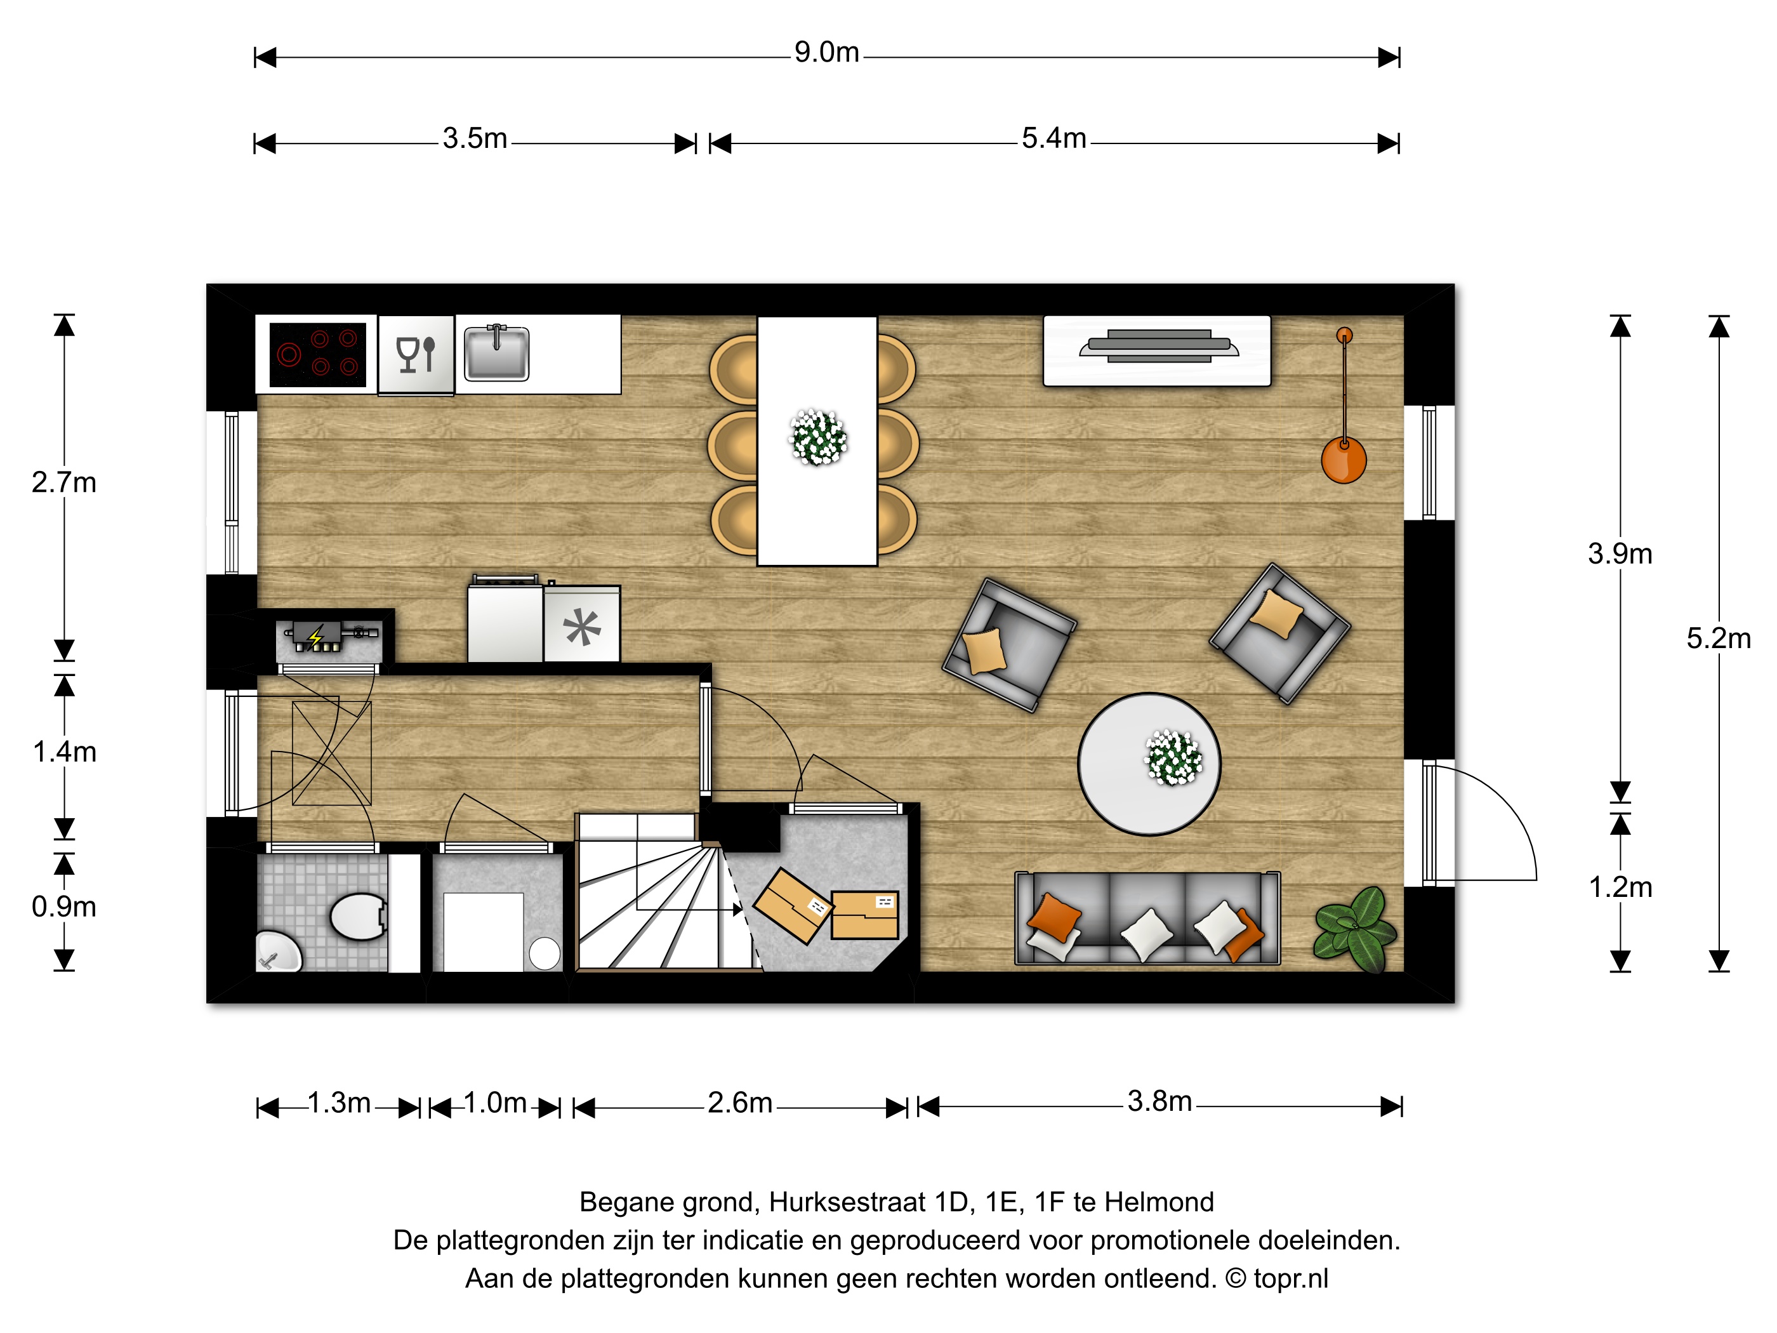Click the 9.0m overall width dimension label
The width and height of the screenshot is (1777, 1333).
tap(827, 53)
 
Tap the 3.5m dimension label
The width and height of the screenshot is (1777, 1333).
tap(475, 139)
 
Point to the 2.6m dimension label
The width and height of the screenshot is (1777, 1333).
tap(740, 1103)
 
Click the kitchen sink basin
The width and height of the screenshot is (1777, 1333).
tap(496, 353)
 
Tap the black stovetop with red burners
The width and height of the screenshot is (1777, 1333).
tap(318, 354)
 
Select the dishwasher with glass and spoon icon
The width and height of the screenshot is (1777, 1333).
tap(416, 354)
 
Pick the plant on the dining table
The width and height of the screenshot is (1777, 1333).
tap(819, 438)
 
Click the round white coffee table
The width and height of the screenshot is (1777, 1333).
tap(1149, 764)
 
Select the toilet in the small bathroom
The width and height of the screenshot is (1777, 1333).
tap(359, 917)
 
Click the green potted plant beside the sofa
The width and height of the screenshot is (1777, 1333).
tap(1356, 929)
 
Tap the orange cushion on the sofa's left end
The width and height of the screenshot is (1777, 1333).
tap(1055, 917)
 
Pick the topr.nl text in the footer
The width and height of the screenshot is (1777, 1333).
tap(1291, 1278)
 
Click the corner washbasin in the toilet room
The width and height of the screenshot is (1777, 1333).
tap(276, 953)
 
